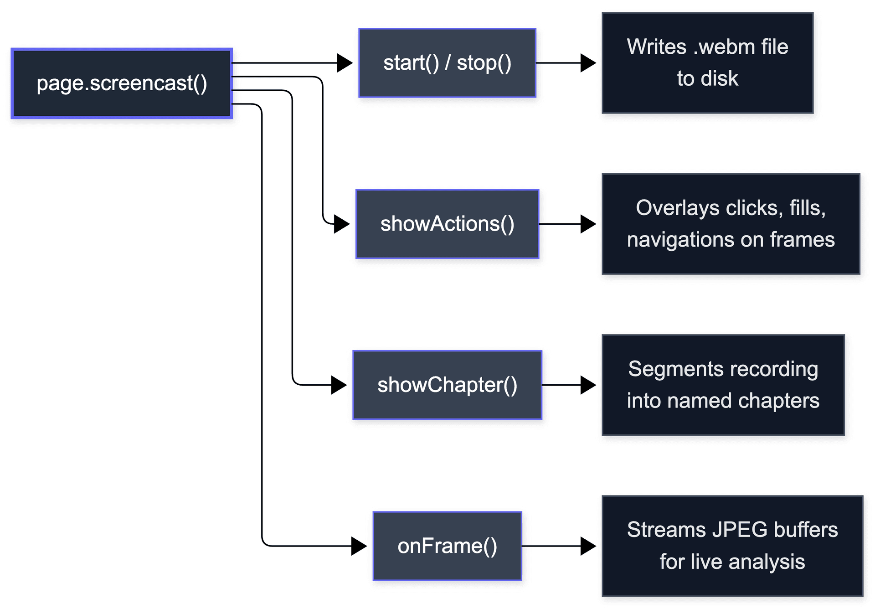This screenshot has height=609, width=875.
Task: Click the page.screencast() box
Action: tap(122, 83)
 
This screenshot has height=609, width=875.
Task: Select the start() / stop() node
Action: tap(447, 63)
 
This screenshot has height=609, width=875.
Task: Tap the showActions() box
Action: tap(447, 224)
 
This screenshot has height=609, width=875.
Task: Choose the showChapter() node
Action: tap(447, 385)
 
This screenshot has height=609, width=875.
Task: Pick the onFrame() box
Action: tap(447, 546)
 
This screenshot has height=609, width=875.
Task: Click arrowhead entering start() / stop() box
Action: tap(345, 63)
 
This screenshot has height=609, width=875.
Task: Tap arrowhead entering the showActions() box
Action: tap(342, 224)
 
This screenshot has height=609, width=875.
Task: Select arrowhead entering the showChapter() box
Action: tap(340, 385)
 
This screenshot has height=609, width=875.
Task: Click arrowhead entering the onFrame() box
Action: tap(360, 546)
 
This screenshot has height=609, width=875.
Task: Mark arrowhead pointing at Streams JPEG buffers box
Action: tap(589, 546)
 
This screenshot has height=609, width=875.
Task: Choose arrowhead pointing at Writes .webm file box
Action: tap(589, 63)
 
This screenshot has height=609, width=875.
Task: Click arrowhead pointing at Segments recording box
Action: tap(589, 385)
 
